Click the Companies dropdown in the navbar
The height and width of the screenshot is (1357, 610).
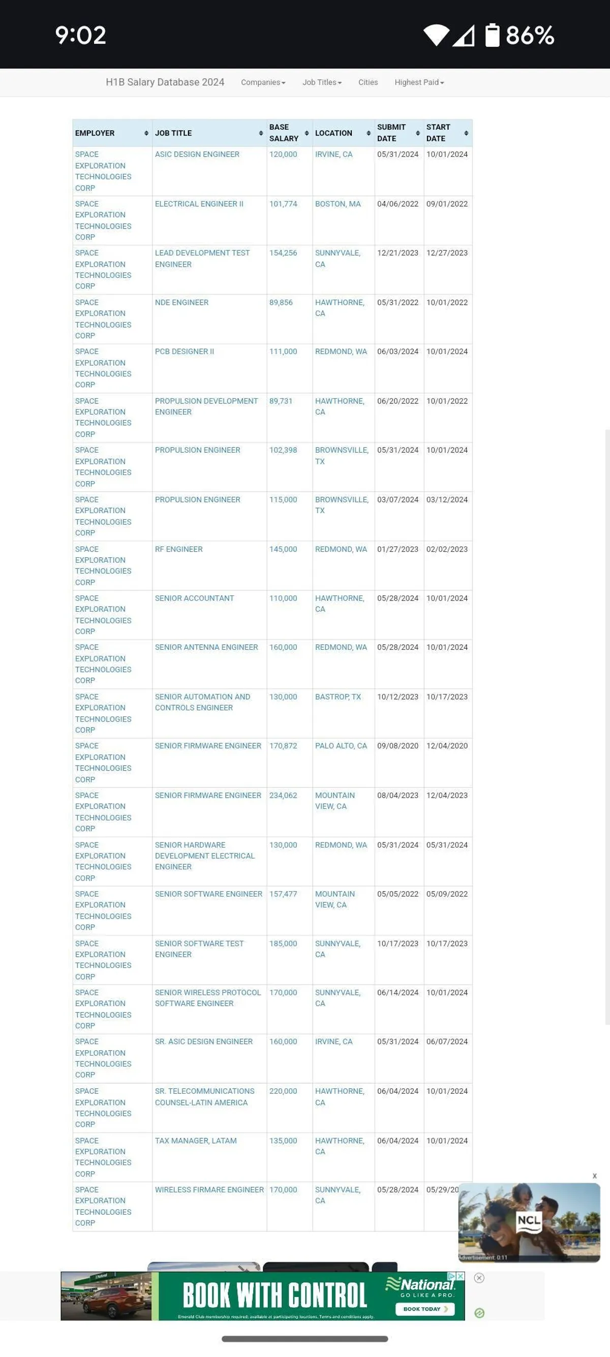tap(263, 82)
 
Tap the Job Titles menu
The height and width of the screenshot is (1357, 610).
tap(322, 82)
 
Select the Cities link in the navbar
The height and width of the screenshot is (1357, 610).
tap(368, 82)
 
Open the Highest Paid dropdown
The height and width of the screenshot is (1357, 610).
tap(419, 82)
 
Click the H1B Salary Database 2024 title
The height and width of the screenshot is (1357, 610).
tap(165, 82)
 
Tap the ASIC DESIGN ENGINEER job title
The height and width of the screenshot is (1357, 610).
tap(197, 154)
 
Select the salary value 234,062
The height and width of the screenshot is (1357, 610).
tap(283, 795)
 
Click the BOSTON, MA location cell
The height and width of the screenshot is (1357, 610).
tap(338, 204)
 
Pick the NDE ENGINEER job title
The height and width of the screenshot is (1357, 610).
tap(182, 302)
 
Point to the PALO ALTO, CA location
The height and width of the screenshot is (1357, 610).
tap(341, 745)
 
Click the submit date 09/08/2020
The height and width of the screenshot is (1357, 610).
tap(398, 745)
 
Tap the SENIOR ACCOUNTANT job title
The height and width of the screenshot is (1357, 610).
tap(195, 598)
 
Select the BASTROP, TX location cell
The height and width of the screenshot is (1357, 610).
tap(338, 697)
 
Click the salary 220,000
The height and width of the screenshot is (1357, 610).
tap(283, 1091)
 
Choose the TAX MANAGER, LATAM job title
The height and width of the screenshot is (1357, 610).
tap(196, 1141)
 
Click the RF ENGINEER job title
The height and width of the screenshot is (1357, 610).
tap(179, 549)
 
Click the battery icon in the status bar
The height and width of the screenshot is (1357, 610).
tap(492, 35)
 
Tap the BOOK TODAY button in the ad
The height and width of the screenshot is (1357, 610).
tap(424, 1309)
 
